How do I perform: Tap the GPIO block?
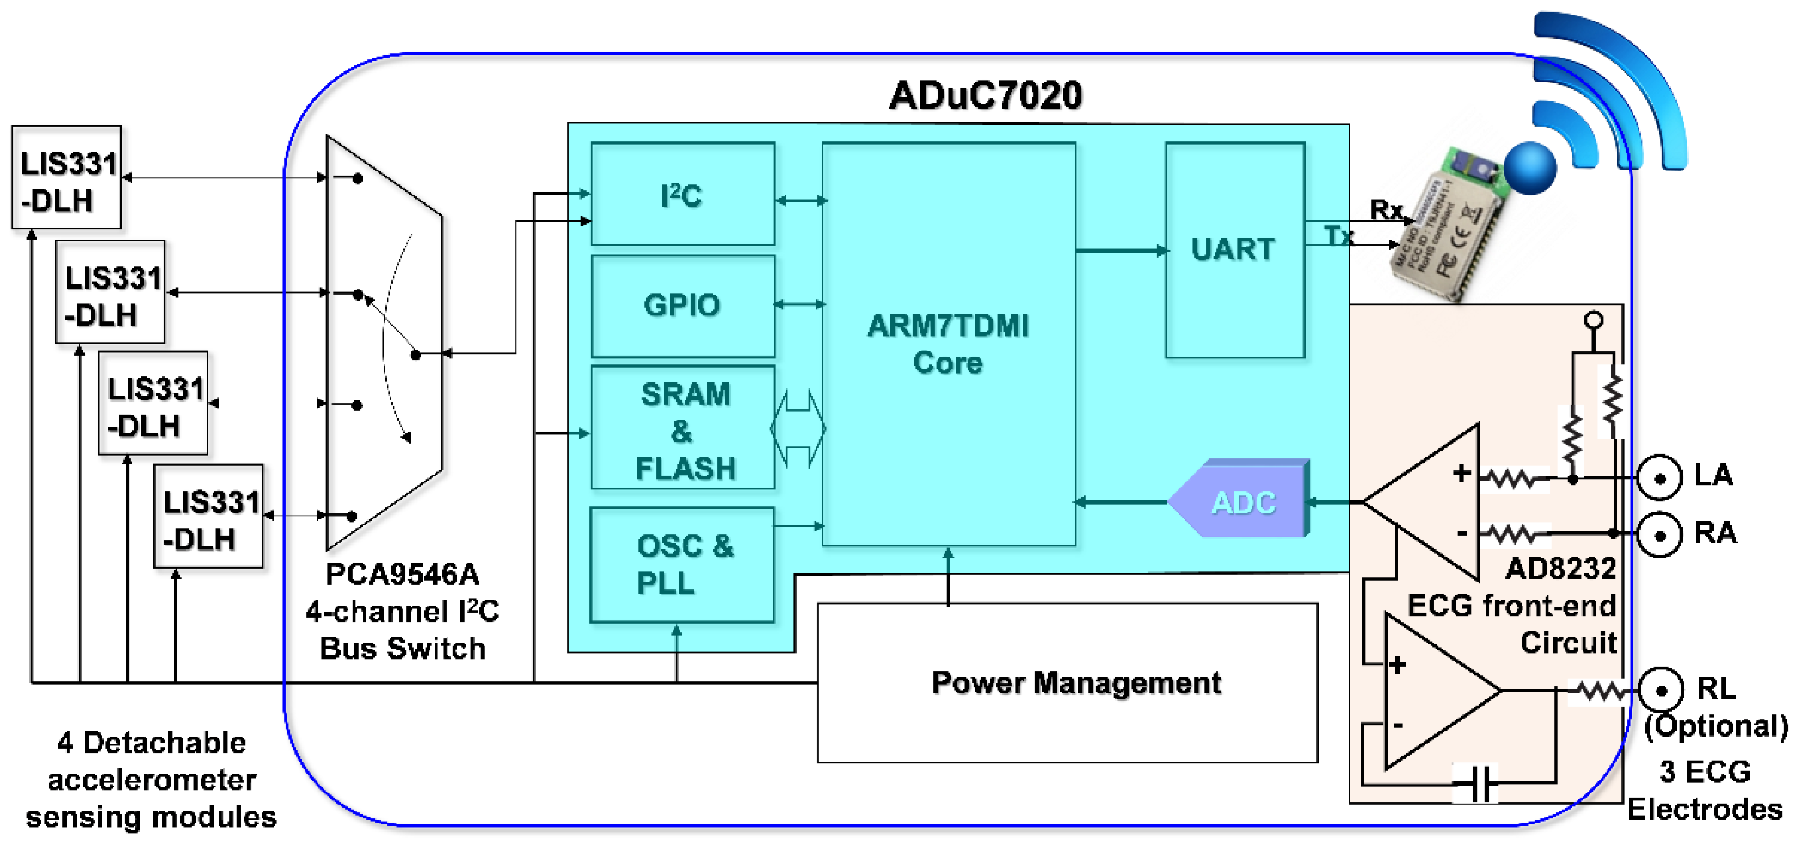[682, 305]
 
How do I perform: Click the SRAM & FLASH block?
[684, 429]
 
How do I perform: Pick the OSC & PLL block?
[682, 564]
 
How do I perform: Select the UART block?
[1233, 249]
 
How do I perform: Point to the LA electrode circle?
[1659, 477]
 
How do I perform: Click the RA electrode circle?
[1659, 535]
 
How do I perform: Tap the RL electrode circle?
[1660, 690]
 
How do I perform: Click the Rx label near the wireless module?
[1385, 210]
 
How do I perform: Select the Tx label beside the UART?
[1338, 235]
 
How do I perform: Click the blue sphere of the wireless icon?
[1529, 168]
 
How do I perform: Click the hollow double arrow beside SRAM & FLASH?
[797, 428]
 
